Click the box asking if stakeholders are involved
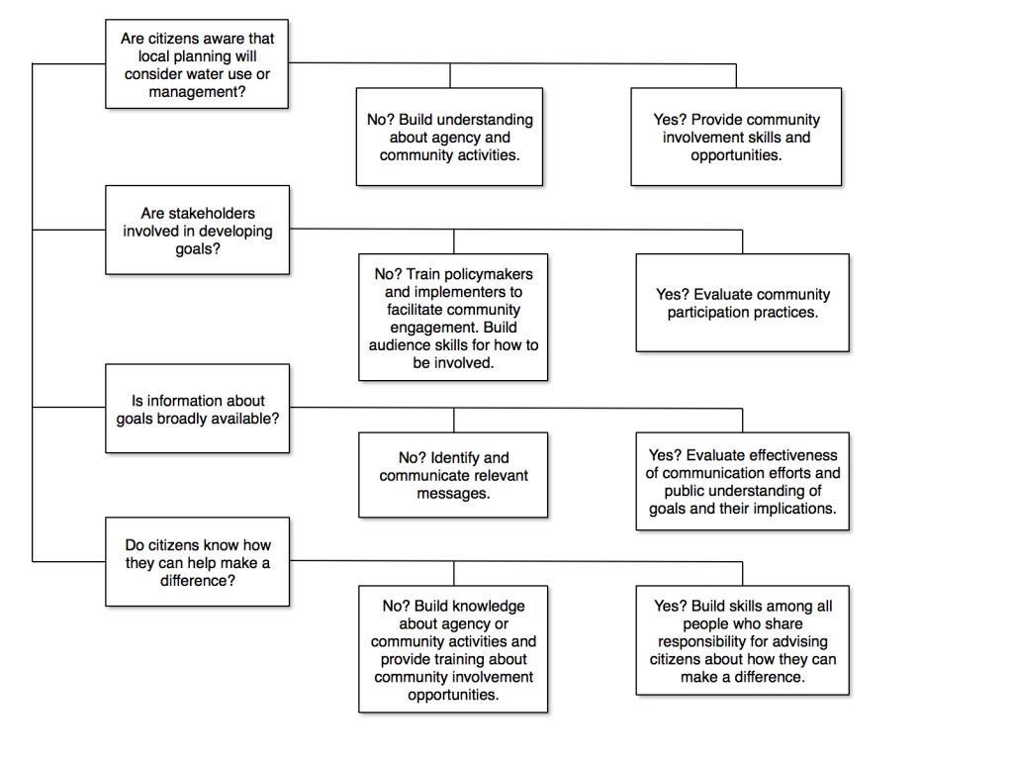197,230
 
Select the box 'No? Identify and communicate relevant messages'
452,475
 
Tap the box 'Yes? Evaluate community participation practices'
742,303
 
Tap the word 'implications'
794,509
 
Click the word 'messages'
453,493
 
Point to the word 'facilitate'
408,310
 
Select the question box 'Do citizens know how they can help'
197,562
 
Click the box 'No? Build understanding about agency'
449,138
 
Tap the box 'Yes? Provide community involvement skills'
736,138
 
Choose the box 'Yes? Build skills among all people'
742,640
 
